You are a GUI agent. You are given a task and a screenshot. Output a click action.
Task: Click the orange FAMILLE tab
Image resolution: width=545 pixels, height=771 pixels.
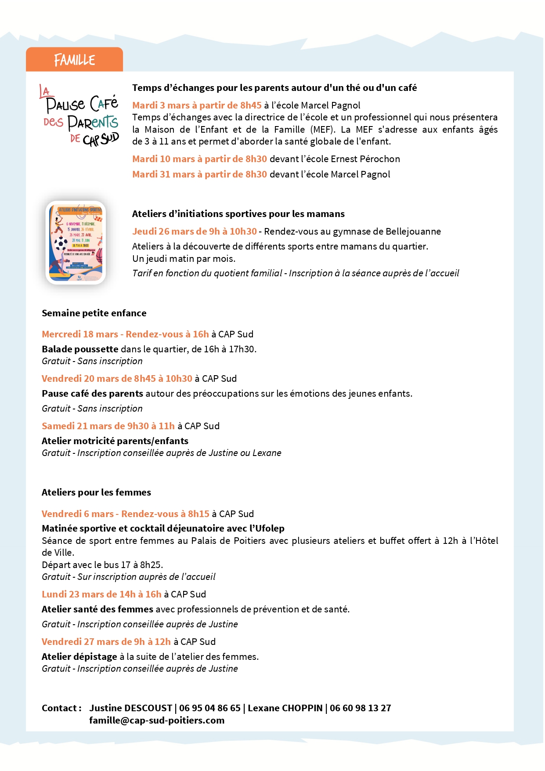tap(74, 60)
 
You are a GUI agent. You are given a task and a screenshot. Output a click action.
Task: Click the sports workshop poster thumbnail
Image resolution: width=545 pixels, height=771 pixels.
tap(76, 243)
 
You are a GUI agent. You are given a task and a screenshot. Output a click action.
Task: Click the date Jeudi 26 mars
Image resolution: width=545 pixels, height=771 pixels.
tap(157, 232)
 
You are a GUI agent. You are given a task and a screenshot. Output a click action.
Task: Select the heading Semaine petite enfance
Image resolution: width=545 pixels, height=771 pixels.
tap(94, 313)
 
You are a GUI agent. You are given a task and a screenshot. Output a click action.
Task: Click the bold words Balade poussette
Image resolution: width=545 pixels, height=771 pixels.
tap(80, 349)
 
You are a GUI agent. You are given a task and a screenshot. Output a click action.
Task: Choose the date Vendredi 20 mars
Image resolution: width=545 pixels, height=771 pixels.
tap(68, 379)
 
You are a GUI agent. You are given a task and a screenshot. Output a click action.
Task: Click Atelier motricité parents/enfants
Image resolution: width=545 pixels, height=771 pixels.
tap(115, 441)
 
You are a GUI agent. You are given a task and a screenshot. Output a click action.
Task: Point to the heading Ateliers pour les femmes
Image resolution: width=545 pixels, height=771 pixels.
tap(96, 492)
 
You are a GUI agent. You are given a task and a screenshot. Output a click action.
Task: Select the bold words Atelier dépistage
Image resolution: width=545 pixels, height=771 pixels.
tap(79, 657)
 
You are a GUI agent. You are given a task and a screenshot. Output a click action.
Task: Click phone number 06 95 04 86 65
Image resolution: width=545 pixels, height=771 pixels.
tap(209, 708)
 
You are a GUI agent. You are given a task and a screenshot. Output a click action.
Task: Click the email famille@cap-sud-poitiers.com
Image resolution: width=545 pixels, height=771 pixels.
tap(157, 720)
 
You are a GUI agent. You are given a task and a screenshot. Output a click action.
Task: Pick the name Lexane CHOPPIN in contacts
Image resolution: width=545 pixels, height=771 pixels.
tap(285, 708)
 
